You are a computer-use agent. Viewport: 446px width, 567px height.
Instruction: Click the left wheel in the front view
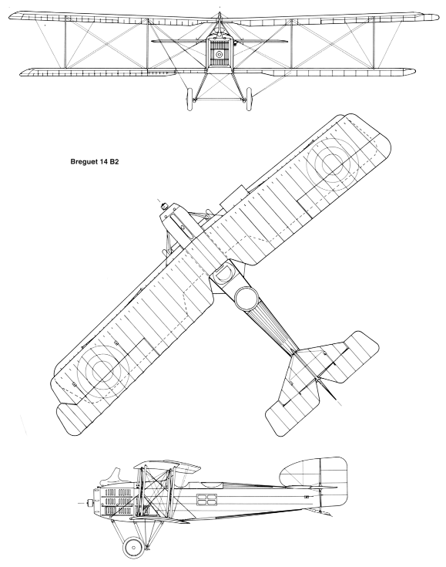190,99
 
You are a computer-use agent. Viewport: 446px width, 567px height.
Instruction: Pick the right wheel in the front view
249,98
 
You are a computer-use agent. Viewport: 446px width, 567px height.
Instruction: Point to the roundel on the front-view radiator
219,54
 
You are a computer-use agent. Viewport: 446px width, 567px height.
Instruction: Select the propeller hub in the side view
90,503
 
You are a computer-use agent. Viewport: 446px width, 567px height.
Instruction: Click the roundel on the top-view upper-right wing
332,161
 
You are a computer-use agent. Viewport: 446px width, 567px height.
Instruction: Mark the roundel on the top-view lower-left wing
103,370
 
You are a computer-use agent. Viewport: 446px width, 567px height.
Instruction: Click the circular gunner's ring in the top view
247,299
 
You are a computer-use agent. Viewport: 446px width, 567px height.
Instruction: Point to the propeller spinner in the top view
165,206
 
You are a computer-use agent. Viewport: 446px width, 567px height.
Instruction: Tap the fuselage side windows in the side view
206,499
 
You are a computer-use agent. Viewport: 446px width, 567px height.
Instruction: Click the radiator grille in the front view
219,52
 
